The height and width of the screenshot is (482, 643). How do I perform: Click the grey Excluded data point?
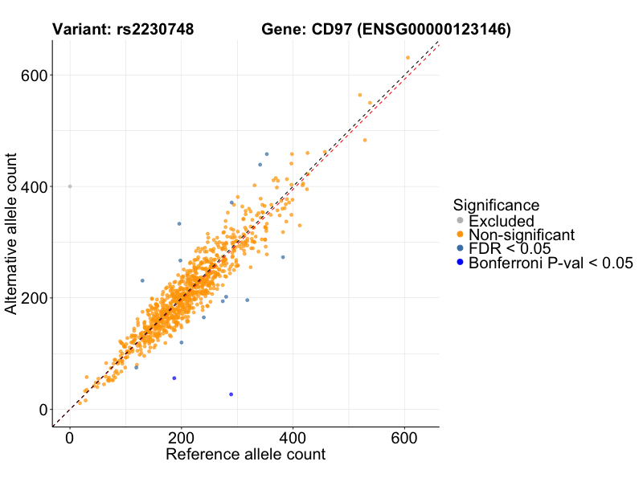(70, 186)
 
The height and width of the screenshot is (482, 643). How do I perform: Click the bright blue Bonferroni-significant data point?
(231, 394)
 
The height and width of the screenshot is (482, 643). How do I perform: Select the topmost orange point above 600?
(408, 58)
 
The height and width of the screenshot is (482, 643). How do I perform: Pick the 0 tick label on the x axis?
(70, 439)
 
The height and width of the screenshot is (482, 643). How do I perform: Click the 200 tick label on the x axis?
(181, 439)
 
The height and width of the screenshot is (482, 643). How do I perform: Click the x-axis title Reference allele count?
(245, 455)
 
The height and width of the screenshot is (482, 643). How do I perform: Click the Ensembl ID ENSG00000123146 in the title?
(435, 31)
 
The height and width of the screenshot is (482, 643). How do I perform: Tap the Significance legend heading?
(496, 206)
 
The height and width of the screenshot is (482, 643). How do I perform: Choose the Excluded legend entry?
(502, 221)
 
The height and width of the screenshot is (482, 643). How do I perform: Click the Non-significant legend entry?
(522, 235)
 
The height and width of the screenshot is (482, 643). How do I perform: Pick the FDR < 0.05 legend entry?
(510, 248)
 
